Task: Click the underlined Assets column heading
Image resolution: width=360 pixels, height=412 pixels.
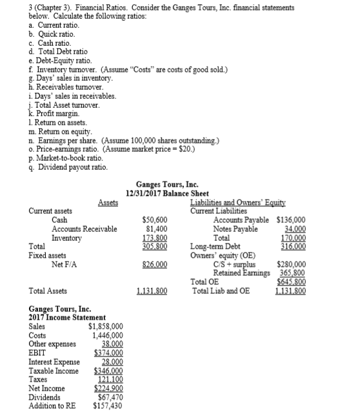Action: click(108, 202)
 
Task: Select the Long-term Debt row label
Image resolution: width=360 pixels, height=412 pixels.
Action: click(214, 246)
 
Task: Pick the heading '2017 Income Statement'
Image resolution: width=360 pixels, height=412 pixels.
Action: click(58, 318)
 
